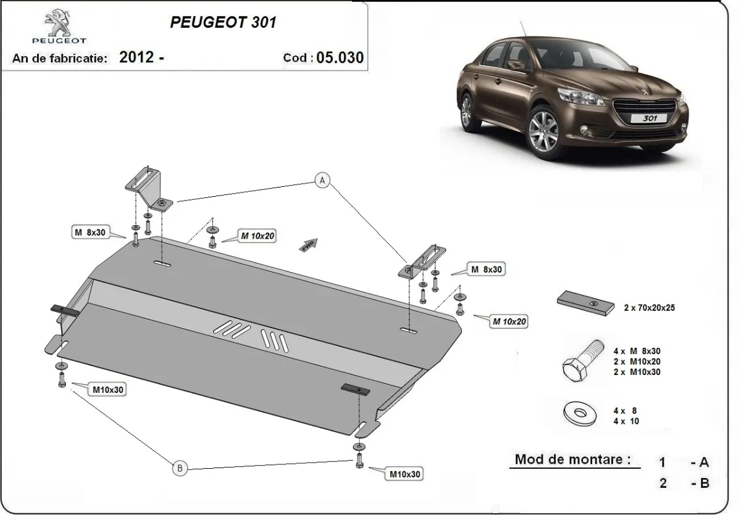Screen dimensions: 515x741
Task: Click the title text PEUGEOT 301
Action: pyautogui.click(x=223, y=22)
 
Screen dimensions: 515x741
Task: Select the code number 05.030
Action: pyautogui.click(x=339, y=57)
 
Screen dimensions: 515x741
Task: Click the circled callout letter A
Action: pyautogui.click(x=322, y=180)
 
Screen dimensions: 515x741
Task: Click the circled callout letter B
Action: pyautogui.click(x=180, y=469)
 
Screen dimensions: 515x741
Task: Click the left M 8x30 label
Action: pyautogui.click(x=90, y=233)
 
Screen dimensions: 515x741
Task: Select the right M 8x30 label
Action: pyautogui.click(x=486, y=269)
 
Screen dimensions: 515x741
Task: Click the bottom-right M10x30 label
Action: pyautogui.click(x=406, y=474)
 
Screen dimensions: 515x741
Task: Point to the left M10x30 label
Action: pyautogui.click(x=109, y=390)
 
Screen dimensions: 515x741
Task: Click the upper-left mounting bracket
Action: pyautogui.click(x=148, y=189)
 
